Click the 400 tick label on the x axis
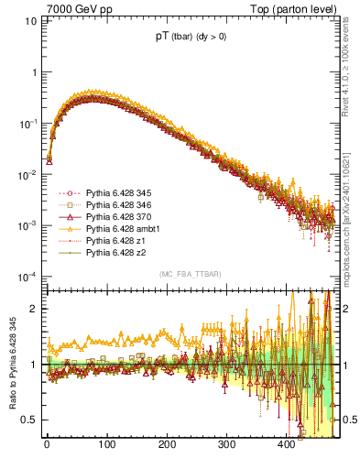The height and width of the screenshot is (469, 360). tap(286, 444)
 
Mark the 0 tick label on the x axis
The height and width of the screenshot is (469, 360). tap(47, 444)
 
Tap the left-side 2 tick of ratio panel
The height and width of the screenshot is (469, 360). tap(35, 309)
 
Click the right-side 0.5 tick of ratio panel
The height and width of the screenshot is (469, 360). tap(350, 420)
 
